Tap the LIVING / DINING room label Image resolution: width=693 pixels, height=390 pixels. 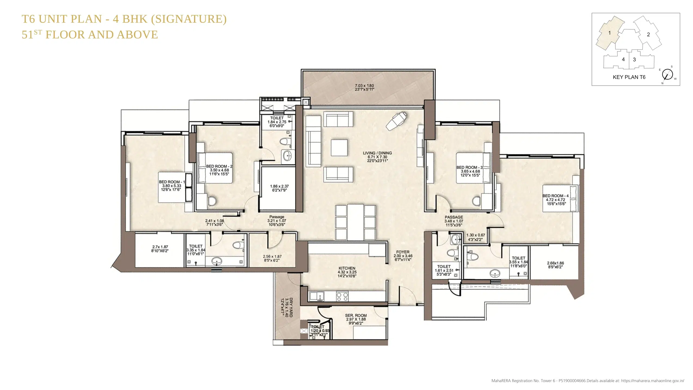[x=377, y=153]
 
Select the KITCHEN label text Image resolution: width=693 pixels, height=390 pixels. [x=347, y=268]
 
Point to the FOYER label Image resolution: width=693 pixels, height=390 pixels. [x=403, y=252]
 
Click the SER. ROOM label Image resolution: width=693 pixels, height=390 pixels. [x=356, y=316]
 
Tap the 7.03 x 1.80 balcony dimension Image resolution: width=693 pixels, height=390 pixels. [x=364, y=86]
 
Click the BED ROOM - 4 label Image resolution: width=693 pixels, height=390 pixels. [x=555, y=196]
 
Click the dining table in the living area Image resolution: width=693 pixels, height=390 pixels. [x=355, y=222]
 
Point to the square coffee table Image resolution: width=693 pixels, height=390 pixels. [x=339, y=148]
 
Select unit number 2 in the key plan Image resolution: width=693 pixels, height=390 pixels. [x=648, y=35]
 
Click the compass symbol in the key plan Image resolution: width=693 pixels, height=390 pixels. [x=667, y=74]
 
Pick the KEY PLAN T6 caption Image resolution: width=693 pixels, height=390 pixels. [x=629, y=77]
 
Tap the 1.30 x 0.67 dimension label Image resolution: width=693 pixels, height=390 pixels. [x=476, y=235]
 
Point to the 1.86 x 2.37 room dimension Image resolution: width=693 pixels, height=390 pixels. [x=279, y=186]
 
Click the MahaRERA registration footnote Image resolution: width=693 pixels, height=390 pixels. [x=588, y=381]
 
